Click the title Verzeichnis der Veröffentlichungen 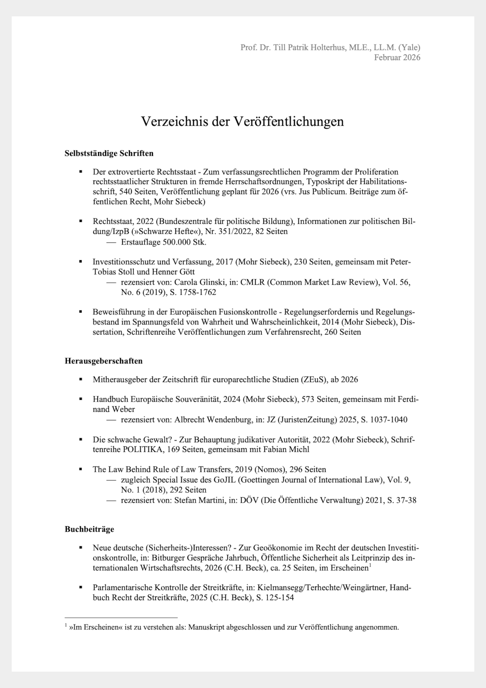pyautogui.click(x=242, y=121)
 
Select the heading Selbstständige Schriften pyautogui.click(x=109, y=153)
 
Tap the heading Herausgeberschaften pyautogui.click(x=103, y=361)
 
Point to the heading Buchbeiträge pyautogui.click(x=89, y=529)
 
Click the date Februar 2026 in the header pyautogui.click(x=397, y=57)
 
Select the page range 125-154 pyautogui.click(x=280, y=598)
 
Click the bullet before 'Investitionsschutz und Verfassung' pyautogui.click(x=81, y=262)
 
